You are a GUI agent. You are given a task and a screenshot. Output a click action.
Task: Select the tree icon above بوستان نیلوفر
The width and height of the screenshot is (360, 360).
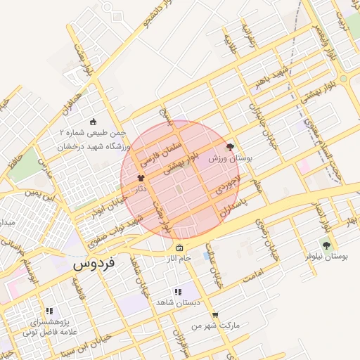(x=326, y=245)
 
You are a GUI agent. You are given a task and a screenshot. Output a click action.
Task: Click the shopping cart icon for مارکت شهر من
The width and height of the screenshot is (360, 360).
(x=214, y=315)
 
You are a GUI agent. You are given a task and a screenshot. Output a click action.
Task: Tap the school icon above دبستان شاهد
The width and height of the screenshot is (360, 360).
(x=177, y=292)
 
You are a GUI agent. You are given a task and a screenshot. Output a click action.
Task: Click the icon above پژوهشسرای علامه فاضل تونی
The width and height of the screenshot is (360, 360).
(x=49, y=310)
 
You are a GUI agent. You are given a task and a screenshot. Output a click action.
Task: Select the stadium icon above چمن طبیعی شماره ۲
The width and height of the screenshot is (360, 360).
(x=94, y=122)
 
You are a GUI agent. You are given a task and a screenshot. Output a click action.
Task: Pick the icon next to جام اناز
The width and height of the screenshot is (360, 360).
(x=179, y=248)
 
